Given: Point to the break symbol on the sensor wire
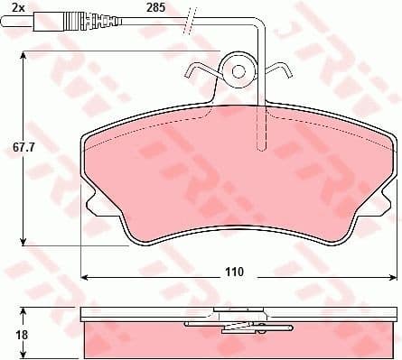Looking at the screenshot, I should pos(191,19).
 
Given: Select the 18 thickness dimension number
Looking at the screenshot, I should pos(10,333).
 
